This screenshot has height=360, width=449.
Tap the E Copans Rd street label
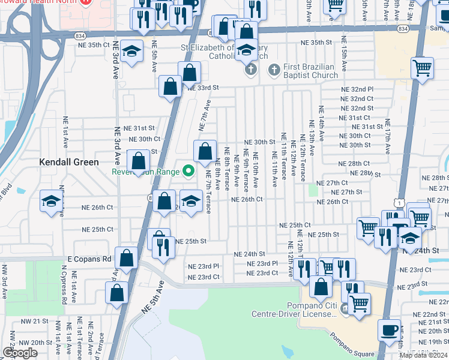(89, 259)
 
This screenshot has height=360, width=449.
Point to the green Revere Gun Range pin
(187, 172)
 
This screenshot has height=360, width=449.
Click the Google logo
(20, 352)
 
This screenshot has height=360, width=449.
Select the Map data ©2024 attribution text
(423, 355)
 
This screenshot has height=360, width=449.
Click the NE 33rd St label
(203, 88)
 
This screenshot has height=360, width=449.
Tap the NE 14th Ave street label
(321, 123)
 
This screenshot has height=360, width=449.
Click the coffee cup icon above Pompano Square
(389, 329)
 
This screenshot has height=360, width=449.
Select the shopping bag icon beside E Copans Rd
(127, 259)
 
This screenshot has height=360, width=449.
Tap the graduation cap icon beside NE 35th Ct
(131, 51)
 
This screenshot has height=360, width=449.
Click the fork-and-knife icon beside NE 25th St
(163, 247)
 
